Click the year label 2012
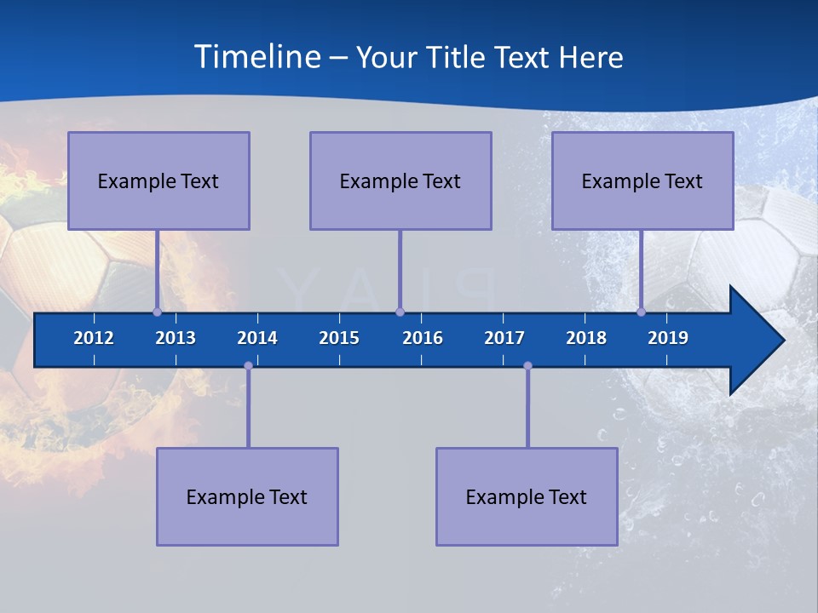[94, 338]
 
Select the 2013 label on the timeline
[176, 338]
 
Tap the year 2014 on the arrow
[257, 338]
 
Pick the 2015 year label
[339, 338]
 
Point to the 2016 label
[423, 338]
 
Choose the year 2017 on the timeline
[504, 338]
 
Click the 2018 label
[586, 338]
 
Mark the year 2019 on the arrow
[668, 338]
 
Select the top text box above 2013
[158, 180]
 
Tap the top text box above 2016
[400, 180]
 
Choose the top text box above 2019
[642, 180]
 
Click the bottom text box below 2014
[247, 496]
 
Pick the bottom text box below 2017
[527, 496]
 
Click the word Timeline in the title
[256, 57]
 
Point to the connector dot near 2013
[157, 312]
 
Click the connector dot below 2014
[248, 365]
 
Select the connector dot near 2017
[527, 365]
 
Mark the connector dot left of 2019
[641, 312]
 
